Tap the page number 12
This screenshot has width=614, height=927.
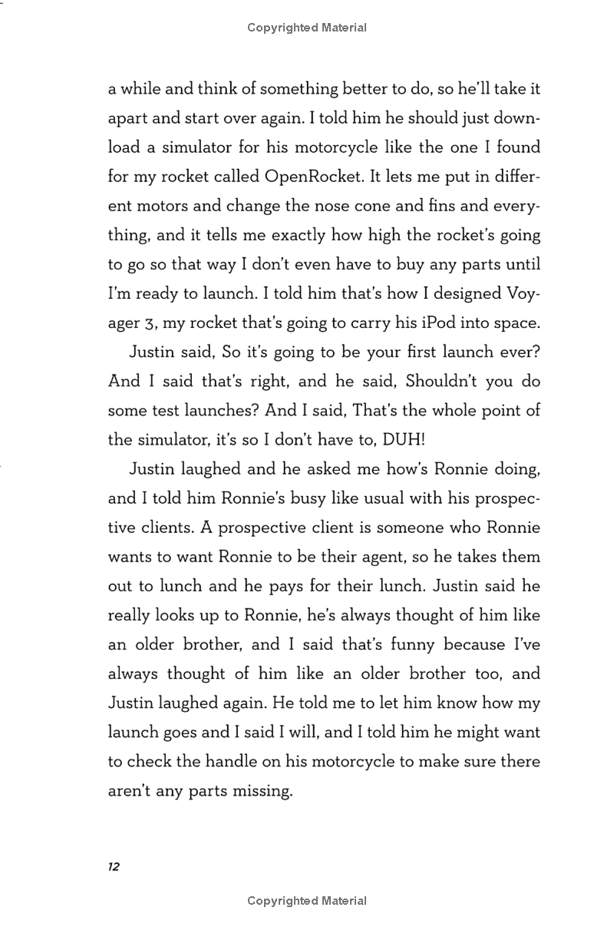pyautogui.click(x=114, y=867)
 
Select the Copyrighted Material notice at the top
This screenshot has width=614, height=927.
pyautogui.click(x=307, y=28)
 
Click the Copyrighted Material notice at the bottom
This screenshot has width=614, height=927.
pyautogui.click(x=307, y=901)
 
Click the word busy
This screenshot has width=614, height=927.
pyautogui.click(x=335, y=498)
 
